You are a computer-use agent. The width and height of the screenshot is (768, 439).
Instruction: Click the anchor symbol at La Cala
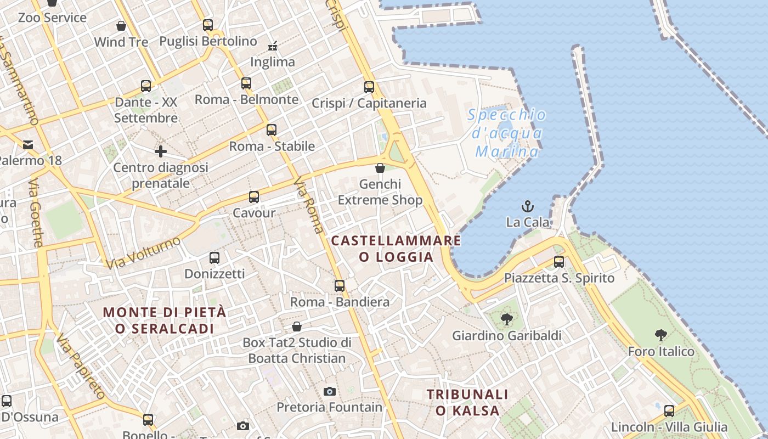click(527, 206)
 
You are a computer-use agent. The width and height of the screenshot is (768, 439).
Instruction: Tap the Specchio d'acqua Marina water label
click(507, 133)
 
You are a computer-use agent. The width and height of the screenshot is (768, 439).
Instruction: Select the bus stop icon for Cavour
click(253, 197)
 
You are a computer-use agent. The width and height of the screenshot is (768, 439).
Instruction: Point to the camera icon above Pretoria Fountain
click(329, 391)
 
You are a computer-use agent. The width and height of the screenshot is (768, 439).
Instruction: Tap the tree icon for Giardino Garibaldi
click(506, 319)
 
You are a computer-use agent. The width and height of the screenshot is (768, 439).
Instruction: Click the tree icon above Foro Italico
click(661, 335)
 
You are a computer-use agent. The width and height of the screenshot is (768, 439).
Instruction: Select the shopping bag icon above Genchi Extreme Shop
click(380, 168)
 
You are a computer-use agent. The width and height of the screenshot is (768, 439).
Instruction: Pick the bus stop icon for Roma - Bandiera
click(340, 286)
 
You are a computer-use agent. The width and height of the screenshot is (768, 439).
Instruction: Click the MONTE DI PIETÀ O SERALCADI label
click(165, 320)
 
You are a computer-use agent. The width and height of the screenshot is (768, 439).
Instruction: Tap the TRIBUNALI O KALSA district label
click(467, 402)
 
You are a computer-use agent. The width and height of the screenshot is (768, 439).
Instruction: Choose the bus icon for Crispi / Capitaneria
click(369, 87)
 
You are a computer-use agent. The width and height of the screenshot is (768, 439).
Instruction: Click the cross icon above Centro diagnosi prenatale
click(160, 151)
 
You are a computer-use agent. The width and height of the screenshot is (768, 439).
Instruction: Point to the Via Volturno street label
click(143, 253)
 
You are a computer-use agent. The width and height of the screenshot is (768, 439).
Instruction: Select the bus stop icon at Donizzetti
click(214, 257)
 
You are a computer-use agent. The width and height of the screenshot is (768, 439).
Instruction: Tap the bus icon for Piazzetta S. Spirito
click(559, 262)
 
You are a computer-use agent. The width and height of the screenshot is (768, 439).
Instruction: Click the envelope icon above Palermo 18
click(28, 145)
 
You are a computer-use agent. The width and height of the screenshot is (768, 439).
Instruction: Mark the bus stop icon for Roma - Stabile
click(272, 130)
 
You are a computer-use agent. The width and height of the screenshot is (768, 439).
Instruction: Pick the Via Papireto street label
click(81, 366)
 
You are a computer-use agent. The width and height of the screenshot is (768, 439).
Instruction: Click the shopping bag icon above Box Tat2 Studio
click(297, 327)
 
